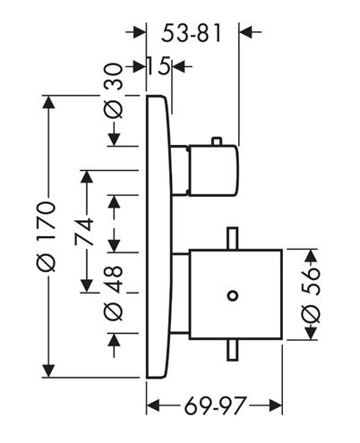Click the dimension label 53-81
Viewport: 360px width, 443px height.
pos(192,33)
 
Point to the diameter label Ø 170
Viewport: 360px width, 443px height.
pos(47,236)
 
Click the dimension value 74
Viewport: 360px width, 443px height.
pos(84,232)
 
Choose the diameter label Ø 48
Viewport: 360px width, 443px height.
pos(114,294)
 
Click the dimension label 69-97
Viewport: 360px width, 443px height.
pos(216,405)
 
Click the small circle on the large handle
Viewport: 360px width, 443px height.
pos(233,296)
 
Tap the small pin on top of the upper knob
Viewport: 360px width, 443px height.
pos(217,141)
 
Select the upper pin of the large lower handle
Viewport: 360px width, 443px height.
pos(233,238)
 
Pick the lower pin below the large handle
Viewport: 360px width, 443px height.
pos(233,350)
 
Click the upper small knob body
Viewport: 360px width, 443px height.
pos(214,171)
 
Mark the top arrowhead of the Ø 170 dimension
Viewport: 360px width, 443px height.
pos(48,102)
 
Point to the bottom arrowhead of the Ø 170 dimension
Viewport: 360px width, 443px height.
pos(48,371)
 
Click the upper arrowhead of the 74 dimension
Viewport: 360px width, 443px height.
pos(87,177)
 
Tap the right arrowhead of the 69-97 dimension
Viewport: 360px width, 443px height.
pos(276,405)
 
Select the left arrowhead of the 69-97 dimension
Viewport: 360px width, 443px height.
pos(153,405)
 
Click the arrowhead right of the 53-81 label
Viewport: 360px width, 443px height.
pos(246,31)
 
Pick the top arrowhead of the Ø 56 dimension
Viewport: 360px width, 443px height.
pos(311,256)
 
